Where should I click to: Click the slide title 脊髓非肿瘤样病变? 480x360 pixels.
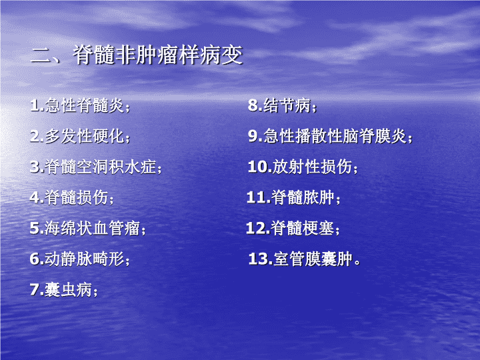click(158, 55)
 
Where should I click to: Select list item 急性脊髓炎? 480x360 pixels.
click(85, 105)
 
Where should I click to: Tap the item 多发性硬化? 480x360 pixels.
click(85, 136)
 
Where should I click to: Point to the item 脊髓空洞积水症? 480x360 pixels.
click(101, 167)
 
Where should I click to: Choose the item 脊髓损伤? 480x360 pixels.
click(77, 197)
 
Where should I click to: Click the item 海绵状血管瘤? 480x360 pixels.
click(93, 228)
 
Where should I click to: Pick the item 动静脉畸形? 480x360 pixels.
click(85, 259)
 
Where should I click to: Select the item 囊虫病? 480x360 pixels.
click(68, 289)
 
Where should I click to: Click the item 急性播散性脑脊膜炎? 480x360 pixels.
click(335, 136)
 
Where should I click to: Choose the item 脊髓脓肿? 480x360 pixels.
click(303, 197)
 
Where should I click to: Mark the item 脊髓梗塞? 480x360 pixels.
click(303, 228)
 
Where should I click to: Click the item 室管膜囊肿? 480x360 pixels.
click(313, 259)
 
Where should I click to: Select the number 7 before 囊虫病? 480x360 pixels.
click(34, 289)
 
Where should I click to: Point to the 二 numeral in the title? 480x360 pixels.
click(41, 56)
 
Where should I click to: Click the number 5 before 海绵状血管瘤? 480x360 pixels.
click(34, 228)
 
